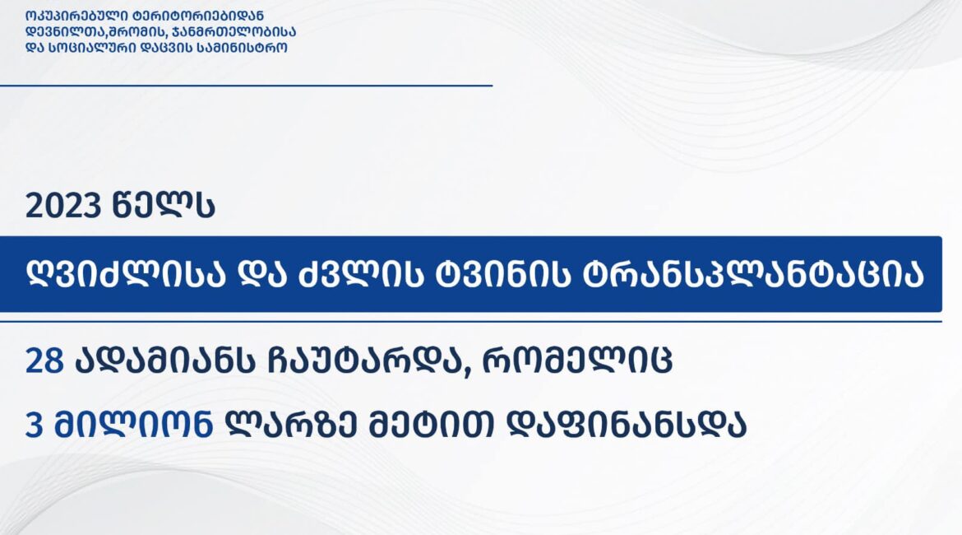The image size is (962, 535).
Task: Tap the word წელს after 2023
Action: pyautogui.click(x=164, y=205)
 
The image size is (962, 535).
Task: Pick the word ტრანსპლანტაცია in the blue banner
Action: pyautogui.click(x=747, y=275)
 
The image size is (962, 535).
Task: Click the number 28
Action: pyautogui.click(x=44, y=361)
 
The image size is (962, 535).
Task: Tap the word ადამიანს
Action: pyautogui.click(x=165, y=360)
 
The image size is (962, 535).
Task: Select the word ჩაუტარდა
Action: pyautogui.click(x=371, y=360)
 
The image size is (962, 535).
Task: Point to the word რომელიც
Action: pyautogui.click(x=577, y=360)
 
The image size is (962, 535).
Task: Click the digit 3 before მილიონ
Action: pyautogui.click(x=34, y=425)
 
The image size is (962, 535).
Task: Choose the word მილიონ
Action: pyautogui.click(x=133, y=424)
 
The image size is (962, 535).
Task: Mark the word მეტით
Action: pyautogui.click(x=432, y=424)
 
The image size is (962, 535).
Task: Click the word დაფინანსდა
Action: pyautogui.click(x=627, y=424)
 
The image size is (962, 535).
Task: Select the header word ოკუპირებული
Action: pyautogui.click(x=74, y=16)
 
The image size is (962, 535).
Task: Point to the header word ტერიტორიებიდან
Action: pyautogui.click(x=197, y=16)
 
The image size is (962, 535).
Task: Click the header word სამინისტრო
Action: pyautogui.click(x=242, y=47)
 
